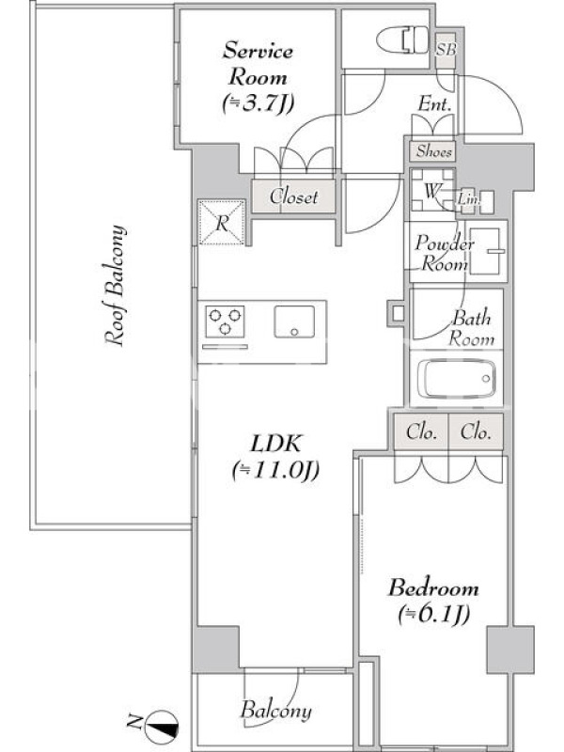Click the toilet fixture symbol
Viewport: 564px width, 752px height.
(403, 40)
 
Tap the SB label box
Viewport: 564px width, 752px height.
(446, 49)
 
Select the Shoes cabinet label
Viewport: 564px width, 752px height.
(433, 151)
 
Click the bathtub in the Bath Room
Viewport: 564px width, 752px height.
(457, 379)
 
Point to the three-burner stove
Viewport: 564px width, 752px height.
(225, 321)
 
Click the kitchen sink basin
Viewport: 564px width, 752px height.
(294, 321)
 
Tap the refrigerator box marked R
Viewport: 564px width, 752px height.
(222, 223)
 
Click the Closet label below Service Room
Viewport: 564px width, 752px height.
(293, 196)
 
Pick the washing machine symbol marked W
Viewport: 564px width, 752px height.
(432, 192)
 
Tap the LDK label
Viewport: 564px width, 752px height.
(276, 444)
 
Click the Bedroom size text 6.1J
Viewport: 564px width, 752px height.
(433, 614)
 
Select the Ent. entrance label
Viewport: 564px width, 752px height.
(434, 103)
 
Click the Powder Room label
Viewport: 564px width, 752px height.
(443, 253)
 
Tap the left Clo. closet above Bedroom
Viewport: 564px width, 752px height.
(421, 432)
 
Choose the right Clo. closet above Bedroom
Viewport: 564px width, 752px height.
(476, 432)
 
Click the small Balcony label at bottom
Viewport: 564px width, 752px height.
(275, 711)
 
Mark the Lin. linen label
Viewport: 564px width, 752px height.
(467, 198)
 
